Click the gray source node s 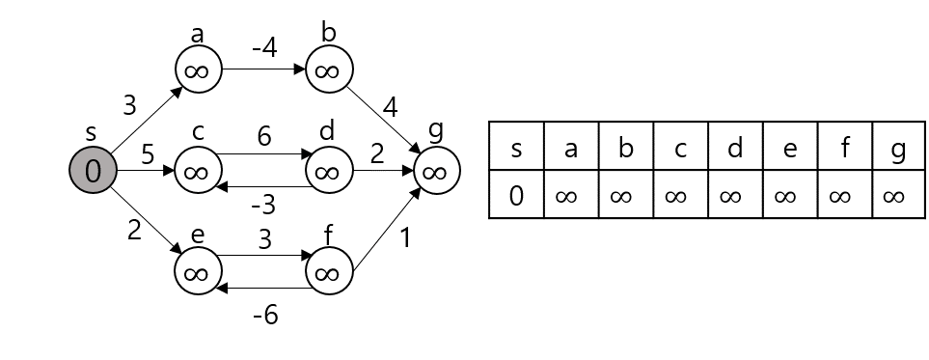(92, 172)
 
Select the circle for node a (198, 70)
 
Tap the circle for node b (329, 70)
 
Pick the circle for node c (198, 172)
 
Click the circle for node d (329, 172)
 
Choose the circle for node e (198, 273)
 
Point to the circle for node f (329, 273)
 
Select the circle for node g (437, 172)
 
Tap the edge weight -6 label (263, 315)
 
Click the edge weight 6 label (263, 138)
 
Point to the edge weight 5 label (147, 152)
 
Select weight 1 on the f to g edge (405, 237)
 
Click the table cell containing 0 (516, 195)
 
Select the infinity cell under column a (570, 195)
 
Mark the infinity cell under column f (844, 195)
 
